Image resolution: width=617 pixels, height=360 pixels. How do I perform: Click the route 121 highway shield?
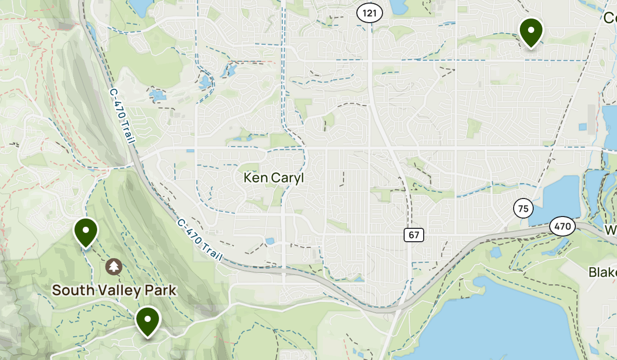[370, 13]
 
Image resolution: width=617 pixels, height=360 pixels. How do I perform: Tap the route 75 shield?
[523, 209]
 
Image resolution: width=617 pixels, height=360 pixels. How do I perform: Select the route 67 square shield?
[414, 235]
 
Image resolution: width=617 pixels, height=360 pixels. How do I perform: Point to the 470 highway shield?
[562, 226]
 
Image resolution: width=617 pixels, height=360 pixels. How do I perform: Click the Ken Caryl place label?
[274, 178]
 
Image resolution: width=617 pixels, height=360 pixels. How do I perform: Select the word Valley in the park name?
[114, 291]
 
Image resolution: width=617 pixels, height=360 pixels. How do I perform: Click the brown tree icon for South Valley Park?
[114, 266]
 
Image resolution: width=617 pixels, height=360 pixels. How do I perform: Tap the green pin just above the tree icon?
[86, 231]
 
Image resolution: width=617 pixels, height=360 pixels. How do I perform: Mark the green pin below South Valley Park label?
[148, 320]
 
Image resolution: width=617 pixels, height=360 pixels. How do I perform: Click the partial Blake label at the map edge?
[603, 272]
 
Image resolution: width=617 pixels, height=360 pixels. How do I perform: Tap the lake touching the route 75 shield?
[553, 198]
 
